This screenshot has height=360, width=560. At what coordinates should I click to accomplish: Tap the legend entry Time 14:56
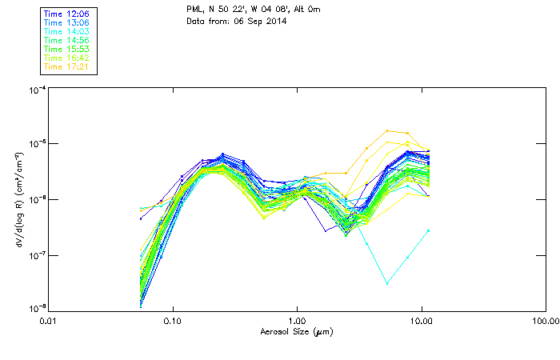(x=66, y=41)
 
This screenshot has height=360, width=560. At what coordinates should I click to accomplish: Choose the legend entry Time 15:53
(x=66, y=50)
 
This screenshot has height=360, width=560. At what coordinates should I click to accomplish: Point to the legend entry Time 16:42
(x=66, y=58)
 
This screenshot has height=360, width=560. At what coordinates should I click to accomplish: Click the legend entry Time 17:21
(x=66, y=67)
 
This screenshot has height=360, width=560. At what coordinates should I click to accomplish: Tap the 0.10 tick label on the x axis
(x=173, y=322)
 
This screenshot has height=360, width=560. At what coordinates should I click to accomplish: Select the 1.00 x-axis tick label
(x=297, y=322)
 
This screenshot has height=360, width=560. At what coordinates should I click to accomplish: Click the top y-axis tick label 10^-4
(x=35, y=90)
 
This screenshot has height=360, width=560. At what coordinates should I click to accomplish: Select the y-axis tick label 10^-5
(x=35, y=144)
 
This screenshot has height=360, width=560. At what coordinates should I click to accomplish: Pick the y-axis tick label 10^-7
(x=35, y=254)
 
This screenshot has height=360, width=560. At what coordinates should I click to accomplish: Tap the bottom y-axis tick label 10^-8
(x=35, y=309)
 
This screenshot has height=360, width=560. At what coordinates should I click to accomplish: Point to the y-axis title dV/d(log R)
(x=17, y=200)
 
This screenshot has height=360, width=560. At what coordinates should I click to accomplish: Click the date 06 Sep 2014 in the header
(x=250, y=22)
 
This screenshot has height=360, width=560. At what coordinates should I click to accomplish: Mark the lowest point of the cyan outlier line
(x=387, y=283)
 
